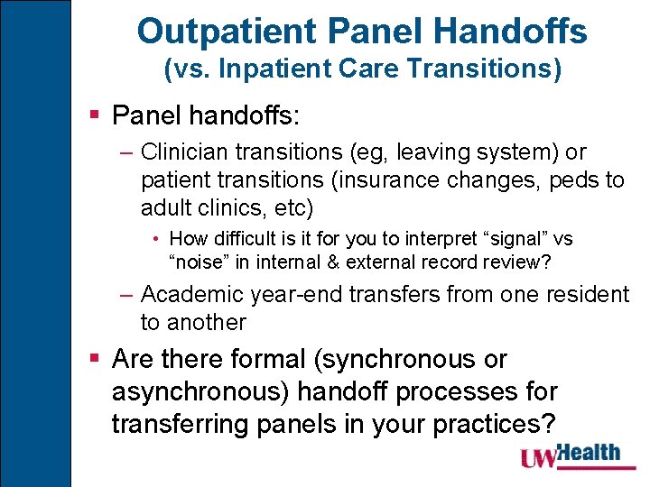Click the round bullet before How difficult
[x=157, y=240]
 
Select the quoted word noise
[x=201, y=262]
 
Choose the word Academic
[x=195, y=294]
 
